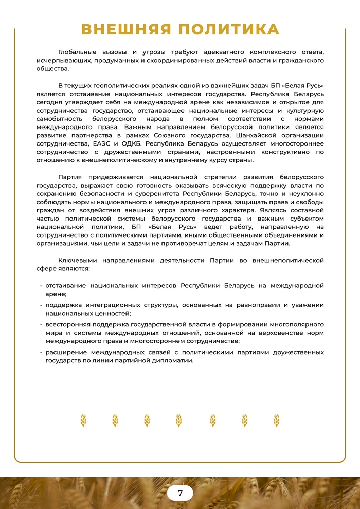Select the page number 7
(180, 493)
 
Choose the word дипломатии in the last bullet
(175, 360)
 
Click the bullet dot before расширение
(41, 353)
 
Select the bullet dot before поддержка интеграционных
(41, 305)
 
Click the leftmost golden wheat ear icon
(83, 421)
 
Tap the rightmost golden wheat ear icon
(277, 421)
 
